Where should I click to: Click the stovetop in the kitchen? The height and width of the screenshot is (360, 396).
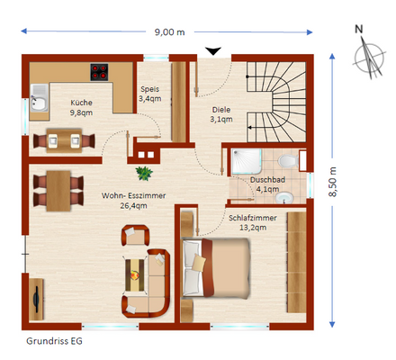tap(99, 72)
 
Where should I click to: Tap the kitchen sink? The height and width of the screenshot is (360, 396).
tap(39, 98)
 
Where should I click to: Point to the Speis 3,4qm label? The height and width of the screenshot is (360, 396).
tap(150, 94)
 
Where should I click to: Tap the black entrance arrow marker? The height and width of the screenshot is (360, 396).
tap(213, 51)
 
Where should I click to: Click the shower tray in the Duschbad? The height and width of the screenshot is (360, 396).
tap(246, 161)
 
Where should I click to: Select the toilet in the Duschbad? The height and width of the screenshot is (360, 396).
tap(288, 161)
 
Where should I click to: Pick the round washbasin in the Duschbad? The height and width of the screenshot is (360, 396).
tap(284, 198)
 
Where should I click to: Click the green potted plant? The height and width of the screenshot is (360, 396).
tap(144, 174)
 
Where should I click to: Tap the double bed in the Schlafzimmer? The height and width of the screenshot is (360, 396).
tap(216, 267)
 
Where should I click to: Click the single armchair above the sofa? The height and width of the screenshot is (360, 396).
tap(135, 235)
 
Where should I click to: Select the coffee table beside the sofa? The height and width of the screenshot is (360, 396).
tap(135, 275)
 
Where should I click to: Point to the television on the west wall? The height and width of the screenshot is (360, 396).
tap(37, 299)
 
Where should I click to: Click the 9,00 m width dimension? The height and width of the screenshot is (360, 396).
tap(169, 32)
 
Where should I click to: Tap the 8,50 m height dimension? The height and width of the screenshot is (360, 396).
tap(332, 182)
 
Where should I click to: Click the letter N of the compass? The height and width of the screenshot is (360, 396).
tap(359, 29)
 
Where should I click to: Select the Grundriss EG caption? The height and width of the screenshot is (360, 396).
tap(54, 341)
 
